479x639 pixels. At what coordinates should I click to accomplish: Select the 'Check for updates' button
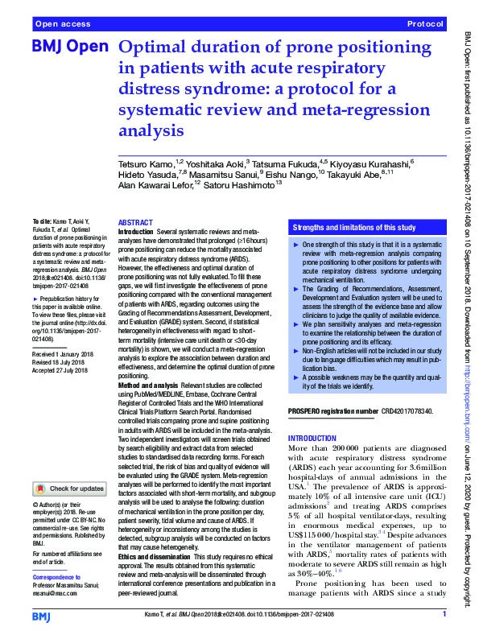pos(69,489)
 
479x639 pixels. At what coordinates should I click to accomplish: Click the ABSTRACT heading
pos(134,222)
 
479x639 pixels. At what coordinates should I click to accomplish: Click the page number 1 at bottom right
pos(444,615)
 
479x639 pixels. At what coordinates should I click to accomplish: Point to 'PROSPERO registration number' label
pos(332,411)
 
